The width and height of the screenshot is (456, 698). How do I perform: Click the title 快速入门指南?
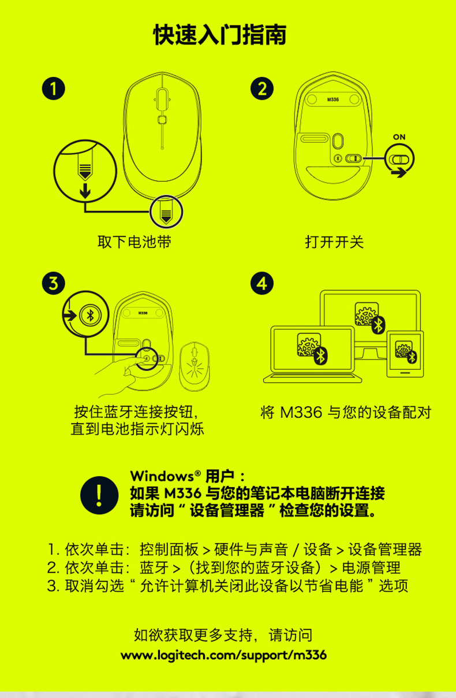coord(220,35)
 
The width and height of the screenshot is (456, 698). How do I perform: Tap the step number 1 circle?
coord(54,88)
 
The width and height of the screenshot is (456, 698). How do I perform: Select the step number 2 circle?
coord(262,88)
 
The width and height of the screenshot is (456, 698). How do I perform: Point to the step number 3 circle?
coord(54,283)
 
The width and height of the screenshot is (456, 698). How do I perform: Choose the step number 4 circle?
coord(262,283)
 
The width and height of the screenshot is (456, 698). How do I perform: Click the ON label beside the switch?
coord(399,137)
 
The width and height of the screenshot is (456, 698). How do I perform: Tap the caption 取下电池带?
coord(134,242)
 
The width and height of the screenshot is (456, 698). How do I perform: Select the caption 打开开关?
coord(334,242)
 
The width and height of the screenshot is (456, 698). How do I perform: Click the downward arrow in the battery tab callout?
coord(85,191)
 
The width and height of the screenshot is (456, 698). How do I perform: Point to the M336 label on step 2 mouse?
coord(332,99)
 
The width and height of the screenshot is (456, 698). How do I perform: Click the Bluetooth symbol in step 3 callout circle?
coord(90,315)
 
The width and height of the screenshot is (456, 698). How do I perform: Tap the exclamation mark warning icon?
coord(99,495)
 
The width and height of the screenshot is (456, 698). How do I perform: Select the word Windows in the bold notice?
coord(162,476)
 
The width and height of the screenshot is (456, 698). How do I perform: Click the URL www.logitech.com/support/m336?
coord(223,655)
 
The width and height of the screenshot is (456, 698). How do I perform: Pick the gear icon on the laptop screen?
coord(308,344)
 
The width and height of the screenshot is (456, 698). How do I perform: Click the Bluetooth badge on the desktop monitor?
coord(379,325)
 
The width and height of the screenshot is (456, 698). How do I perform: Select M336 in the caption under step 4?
coord(301,413)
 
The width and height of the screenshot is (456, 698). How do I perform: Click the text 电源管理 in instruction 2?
coord(371,568)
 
